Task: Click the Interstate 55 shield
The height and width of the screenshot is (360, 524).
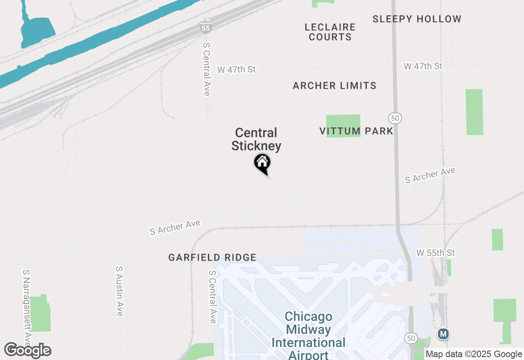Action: click(x=206, y=28)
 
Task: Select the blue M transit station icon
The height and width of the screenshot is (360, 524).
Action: click(x=443, y=334)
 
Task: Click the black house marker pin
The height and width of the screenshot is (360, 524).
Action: click(x=262, y=163)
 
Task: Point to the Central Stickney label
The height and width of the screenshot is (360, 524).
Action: click(x=256, y=139)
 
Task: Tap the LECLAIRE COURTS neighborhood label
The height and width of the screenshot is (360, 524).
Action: click(x=330, y=32)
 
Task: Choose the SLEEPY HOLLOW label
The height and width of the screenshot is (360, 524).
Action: click(x=417, y=19)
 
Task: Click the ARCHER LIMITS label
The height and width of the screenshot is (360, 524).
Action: click(x=334, y=85)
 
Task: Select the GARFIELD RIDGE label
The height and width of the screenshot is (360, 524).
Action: click(x=212, y=257)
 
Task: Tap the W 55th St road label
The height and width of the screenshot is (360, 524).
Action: click(x=435, y=253)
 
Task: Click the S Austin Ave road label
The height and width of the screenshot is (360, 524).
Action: click(x=119, y=291)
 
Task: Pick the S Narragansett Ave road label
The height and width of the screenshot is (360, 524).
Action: click(x=27, y=307)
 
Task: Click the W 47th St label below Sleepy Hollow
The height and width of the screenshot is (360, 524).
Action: click(x=423, y=66)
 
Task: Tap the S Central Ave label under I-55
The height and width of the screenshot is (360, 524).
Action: click(x=206, y=68)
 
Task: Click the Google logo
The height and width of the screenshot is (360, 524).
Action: click(x=28, y=351)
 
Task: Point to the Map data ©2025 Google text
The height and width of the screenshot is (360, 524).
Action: click(x=473, y=354)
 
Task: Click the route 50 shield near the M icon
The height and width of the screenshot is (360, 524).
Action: click(x=411, y=338)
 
